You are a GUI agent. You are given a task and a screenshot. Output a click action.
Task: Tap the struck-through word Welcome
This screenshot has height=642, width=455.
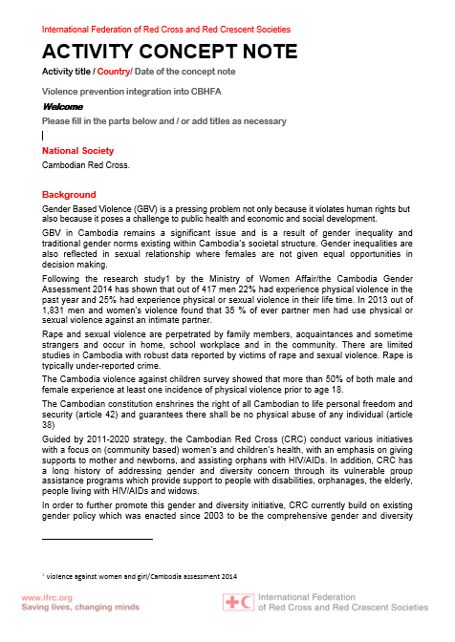pos(62,107)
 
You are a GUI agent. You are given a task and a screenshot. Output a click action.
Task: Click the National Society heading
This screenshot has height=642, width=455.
pos(77,151)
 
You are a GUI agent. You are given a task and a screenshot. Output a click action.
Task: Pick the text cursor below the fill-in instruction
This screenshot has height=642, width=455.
pos(44,136)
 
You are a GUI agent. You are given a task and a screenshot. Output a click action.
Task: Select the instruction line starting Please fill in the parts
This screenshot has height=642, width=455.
pos(164,121)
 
